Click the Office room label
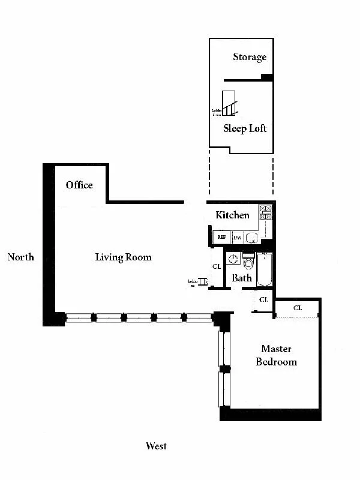pyautogui.click(x=79, y=185)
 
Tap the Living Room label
pyautogui.click(x=123, y=257)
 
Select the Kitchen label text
pyautogui.click(x=232, y=215)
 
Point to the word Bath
pyautogui.click(x=242, y=278)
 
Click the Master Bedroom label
pyautogui.click(x=276, y=355)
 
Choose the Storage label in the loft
pyautogui.click(x=250, y=57)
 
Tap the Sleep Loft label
pyautogui.click(x=245, y=128)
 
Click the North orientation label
pyautogui.click(x=21, y=257)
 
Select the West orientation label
pyautogui.click(x=156, y=446)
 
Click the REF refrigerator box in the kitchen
pyautogui.click(x=221, y=238)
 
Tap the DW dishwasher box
pyautogui.click(x=238, y=238)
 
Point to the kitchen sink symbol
pyautogui.click(x=252, y=238)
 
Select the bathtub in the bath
pyautogui.click(x=265, y=271)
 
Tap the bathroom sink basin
pyautogui.click(x=233, y=260)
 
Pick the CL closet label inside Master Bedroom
pyautogui.click(x=298, y=308)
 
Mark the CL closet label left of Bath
pyautogui.click(x=217, y=266)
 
